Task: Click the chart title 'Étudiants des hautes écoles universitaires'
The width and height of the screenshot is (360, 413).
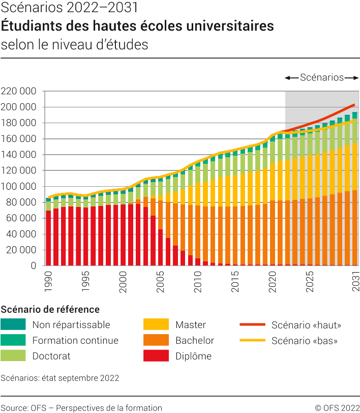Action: [137, 26]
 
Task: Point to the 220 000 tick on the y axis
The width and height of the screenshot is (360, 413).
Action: [19, 92]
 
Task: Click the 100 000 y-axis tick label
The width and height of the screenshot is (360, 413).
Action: [19, 187]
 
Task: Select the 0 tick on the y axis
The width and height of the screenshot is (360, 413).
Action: [34, 265]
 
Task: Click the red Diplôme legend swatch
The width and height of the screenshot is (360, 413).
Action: [156, 356]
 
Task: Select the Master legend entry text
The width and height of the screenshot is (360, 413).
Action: [191, 324]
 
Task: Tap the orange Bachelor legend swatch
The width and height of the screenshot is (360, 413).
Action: [156, 340]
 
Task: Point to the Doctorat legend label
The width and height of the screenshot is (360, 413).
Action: [51, 356]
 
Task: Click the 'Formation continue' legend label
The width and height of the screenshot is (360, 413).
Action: [75, 340]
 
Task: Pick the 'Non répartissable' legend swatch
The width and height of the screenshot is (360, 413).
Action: [13, 324]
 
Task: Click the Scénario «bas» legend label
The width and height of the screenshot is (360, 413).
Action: [305, 340]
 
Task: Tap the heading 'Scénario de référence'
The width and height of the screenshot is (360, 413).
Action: [50, 309]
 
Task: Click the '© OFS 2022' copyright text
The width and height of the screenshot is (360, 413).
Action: [337, 407]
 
